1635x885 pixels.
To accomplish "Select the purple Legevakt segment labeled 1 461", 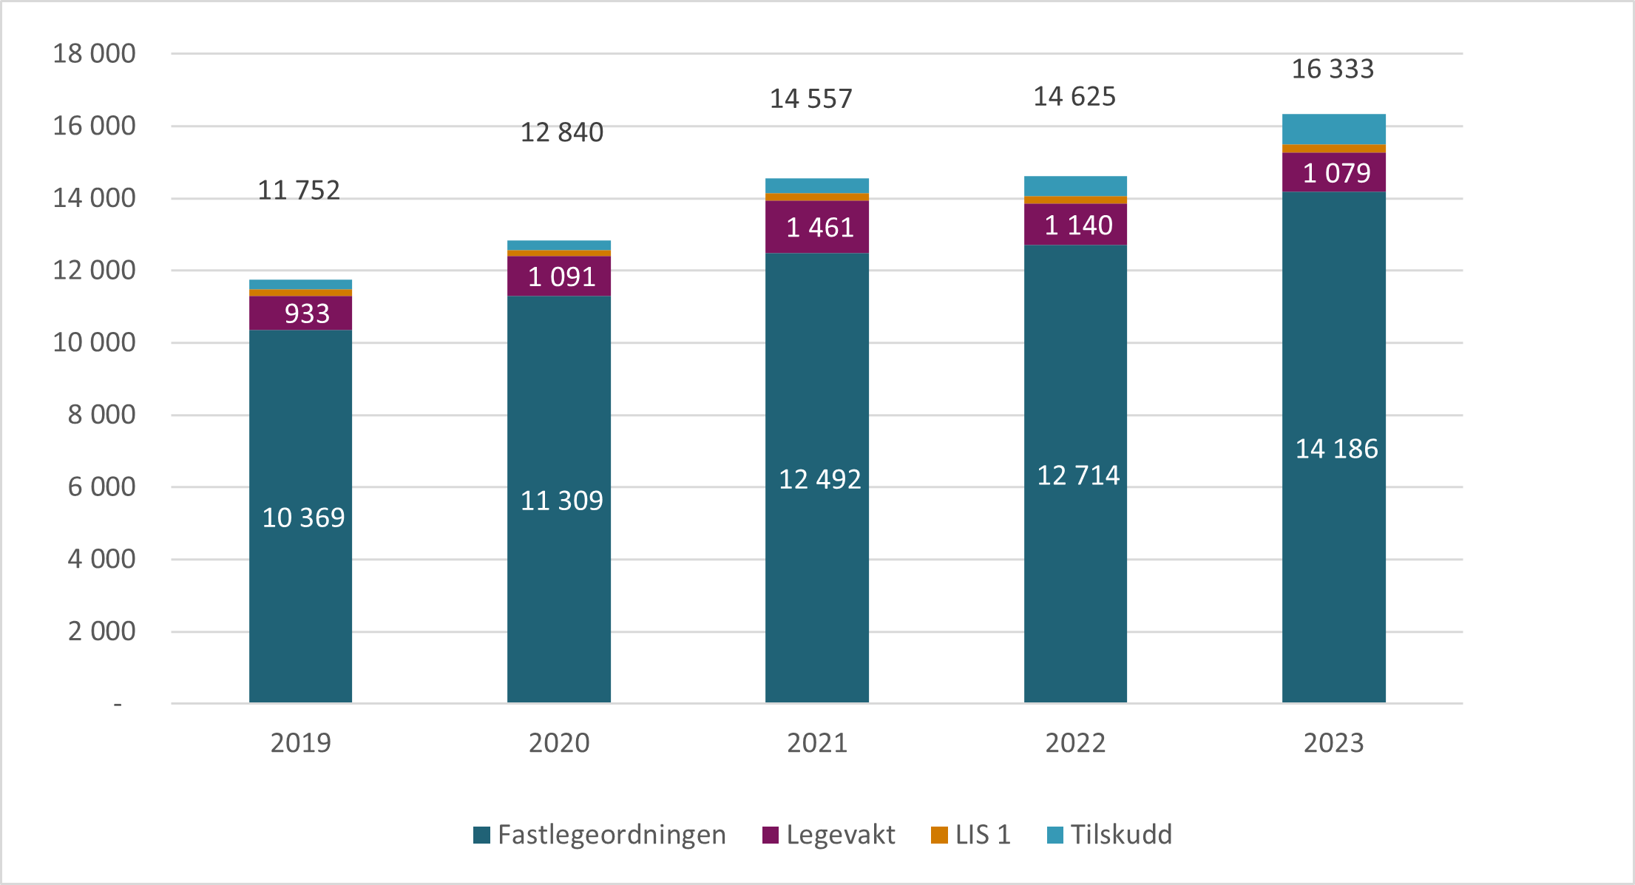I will pyautogui.click(x=817, y=227).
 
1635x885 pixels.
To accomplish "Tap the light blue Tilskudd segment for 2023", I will pyautogui.click(x=1333, y=129).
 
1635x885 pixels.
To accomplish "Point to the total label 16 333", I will pyautogui.click(x=1332, y=69).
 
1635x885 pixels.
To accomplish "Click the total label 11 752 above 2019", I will pyautogui.click(x=298, y=191).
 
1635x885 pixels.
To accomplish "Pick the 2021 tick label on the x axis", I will pyautogui.click(x=816, y=742).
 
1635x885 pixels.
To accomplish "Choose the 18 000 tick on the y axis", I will pyautogui.click(x=94, y=54).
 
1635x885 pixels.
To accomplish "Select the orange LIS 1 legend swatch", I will pyautogui.click(x=939, y=835).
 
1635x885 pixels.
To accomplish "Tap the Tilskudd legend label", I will pyautogui.click(x=1120, y=835).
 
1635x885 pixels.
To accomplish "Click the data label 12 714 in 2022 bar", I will pyautogui.click(x=1077, y=475).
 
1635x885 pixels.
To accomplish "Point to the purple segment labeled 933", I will pyautogui.click(x=300, y=313).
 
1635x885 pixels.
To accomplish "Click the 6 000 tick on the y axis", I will pyautogui.click(x=101, y=487).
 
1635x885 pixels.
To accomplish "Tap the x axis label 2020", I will pyautogui.click(x=558, y=742).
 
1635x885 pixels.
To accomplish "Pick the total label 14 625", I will pyautogui.click(x=1074, y=97).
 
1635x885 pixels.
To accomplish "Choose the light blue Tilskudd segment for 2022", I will pyautogui.click(x=1075, y=186).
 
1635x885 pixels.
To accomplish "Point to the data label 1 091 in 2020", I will pyautogui.click(x=561, y=277).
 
